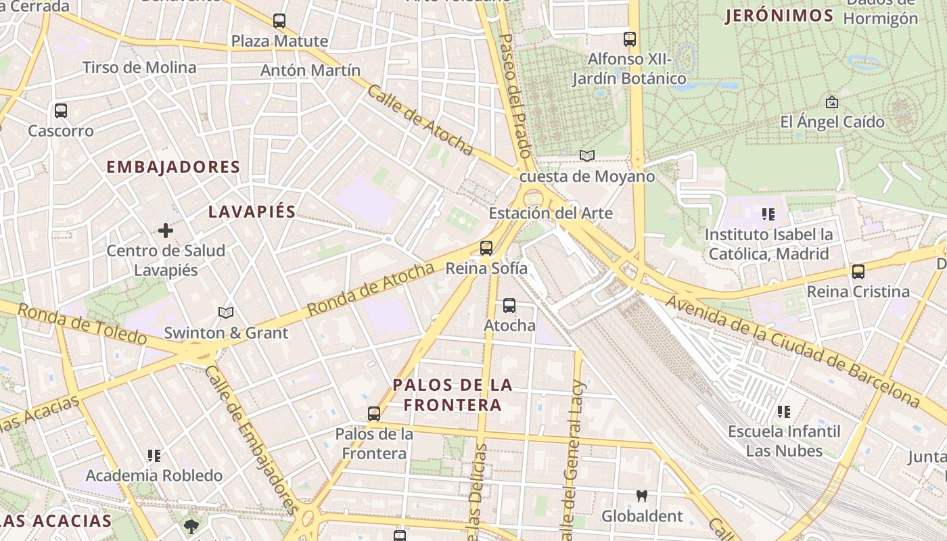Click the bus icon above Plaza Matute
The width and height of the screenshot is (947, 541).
click(279, 21)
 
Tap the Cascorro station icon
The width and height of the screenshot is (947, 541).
click(61, 110)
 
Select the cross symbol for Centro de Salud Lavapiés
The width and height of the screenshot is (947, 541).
click(166, 231)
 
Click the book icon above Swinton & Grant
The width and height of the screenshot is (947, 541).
click(226, 312)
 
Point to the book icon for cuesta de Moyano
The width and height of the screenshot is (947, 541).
click(587, 156)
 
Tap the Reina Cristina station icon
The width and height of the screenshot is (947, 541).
click(858, 272)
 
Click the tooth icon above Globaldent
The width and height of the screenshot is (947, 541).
click(642, 496)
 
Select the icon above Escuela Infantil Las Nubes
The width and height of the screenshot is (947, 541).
click(784, 411)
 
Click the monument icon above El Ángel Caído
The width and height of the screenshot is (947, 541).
click(832, 102)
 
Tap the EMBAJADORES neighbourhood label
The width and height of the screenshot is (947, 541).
click(173, 167)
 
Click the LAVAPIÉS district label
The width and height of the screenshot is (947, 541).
click(252, 212)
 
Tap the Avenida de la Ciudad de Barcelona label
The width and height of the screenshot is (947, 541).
click(792, 352)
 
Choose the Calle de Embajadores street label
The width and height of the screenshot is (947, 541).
click(252, 440)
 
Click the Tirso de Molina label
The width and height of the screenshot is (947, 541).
click(139, 68)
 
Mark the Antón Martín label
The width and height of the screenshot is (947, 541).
click(310, 70)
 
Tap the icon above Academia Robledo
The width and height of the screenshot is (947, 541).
click(154, 456)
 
